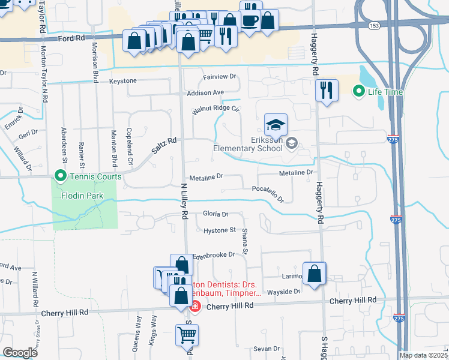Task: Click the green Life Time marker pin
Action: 359,92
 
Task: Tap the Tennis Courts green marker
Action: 60,176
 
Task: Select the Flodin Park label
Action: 82,196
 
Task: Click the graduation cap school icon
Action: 276,124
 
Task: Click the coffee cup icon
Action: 250,20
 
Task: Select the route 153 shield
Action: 374,26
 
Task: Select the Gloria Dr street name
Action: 215,214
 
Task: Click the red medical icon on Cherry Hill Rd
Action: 194,307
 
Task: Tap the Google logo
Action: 20,352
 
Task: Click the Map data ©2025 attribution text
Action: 423,355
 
